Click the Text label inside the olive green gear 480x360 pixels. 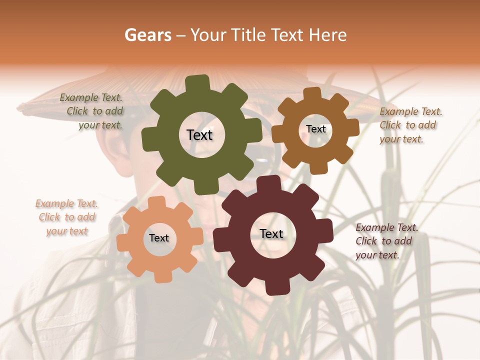tap(199, 135)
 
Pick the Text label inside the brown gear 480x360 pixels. tap(315, 129)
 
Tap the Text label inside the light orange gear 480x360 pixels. tap(159, 238)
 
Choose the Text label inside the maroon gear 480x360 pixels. tap(271, 233)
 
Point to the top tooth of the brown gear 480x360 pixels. tap(311, 93)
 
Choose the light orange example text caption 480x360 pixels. tap(67, 217)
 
